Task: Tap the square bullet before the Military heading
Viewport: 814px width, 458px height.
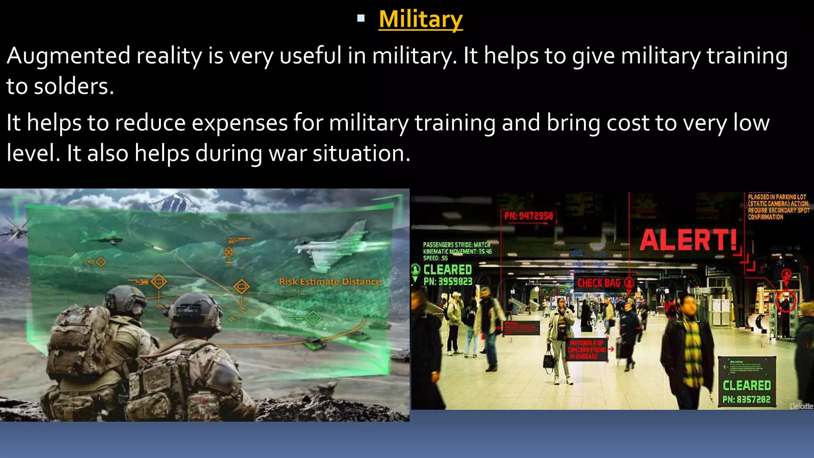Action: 361,18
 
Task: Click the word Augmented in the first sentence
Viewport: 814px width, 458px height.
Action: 68,56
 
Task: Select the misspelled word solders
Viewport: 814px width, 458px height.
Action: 74,86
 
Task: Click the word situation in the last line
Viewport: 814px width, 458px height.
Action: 361,153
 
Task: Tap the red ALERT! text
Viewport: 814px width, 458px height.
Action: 688,240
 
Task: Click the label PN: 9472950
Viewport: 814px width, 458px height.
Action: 528,216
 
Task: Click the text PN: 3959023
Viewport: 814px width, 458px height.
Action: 448,281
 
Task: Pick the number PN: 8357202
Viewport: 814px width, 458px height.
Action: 746,399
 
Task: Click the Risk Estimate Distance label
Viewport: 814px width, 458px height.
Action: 329,282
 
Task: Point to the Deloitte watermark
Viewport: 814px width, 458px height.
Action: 801,406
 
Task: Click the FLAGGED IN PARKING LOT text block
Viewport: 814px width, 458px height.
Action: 777,207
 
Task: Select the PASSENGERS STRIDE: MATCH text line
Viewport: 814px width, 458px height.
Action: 456,245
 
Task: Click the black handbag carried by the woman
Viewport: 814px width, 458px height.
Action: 549,361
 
